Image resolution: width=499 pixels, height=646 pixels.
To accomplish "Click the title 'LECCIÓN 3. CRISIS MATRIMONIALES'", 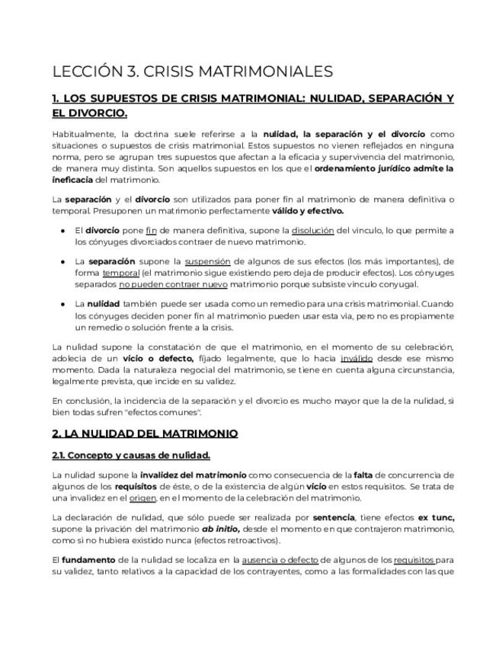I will [192, 72].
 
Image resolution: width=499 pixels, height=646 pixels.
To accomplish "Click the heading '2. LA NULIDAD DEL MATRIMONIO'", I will [145, 433].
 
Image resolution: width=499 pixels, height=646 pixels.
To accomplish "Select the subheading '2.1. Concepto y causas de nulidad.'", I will [131, 456].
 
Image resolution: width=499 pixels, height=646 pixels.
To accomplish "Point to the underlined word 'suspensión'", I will [207, 261].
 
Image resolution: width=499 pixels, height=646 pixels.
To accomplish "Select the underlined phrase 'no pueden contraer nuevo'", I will [162, 284].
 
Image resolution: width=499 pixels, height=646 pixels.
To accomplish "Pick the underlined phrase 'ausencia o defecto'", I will [280, 560].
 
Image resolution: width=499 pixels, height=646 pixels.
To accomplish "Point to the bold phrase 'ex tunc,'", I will [436, 517].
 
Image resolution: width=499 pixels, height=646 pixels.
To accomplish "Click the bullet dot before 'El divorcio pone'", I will [62, 230].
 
